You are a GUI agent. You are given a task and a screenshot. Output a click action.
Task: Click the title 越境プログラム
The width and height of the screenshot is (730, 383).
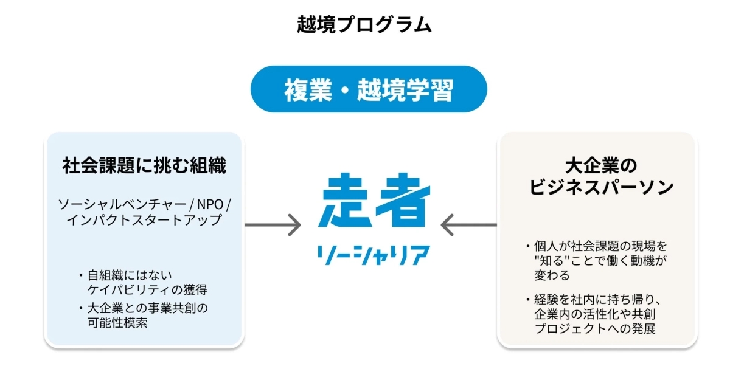[x=364, y=24]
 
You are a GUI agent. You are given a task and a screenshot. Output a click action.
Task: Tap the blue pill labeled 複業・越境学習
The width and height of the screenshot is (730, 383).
[x=369, y=89]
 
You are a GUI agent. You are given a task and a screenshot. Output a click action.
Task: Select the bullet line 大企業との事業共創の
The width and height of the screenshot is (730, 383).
[x=148, y=308]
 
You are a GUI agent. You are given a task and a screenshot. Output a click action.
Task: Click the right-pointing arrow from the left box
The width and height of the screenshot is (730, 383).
[x=273, y=225]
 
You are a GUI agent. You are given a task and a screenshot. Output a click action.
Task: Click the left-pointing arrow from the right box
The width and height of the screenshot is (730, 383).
[x=468, y=225]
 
